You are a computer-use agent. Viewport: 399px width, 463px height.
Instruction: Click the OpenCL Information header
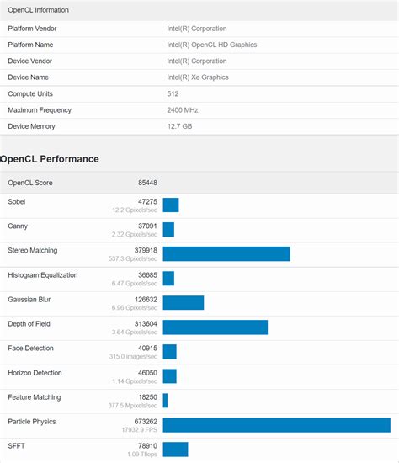39,10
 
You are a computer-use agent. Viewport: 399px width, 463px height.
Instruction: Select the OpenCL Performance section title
50,158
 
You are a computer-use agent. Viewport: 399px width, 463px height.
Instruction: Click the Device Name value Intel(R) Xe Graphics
197,77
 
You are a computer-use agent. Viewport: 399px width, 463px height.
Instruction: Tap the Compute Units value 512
174,94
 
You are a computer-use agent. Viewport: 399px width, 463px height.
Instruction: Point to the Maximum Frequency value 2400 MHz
183,110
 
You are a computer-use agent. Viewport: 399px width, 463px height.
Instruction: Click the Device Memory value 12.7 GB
181,126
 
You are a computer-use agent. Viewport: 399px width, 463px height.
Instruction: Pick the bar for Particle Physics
276,425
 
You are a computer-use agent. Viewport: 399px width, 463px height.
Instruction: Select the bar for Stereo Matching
226,254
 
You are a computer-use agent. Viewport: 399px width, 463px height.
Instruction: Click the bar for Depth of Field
215,327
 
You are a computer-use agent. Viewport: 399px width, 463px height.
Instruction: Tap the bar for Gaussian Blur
184,303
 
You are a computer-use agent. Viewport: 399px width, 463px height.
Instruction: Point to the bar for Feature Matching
165,401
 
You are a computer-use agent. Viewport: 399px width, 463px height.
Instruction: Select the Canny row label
18,226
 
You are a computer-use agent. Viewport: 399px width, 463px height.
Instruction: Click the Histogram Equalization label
42,274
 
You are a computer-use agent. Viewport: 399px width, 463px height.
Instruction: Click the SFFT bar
175,450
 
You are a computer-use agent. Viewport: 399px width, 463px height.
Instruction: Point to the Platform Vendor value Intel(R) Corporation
196,29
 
